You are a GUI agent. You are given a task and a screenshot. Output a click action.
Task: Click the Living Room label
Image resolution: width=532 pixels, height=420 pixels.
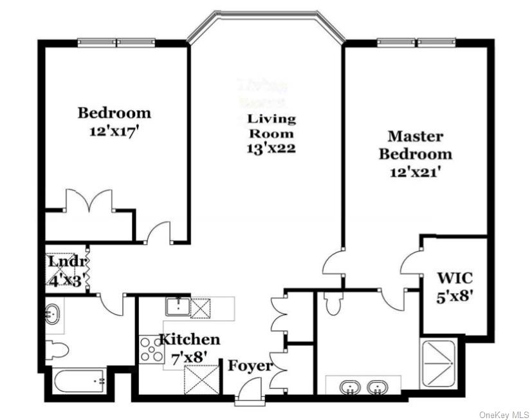[x=271, y=126]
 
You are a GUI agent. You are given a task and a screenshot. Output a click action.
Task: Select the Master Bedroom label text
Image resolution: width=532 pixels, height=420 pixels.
[x=415, y=145]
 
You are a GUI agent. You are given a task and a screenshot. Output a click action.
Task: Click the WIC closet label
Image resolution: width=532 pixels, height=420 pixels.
[x=455, y=279]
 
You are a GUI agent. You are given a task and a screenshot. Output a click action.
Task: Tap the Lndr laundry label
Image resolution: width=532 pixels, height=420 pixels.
[x=66, y=262]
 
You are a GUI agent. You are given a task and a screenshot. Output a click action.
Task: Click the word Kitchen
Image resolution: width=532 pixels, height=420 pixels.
[x=189, y=339]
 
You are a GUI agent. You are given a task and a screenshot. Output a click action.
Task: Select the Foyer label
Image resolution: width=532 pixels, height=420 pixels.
[x=250, y=366]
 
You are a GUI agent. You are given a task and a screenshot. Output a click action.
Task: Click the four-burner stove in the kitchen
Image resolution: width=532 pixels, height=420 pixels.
[x=151, y=350]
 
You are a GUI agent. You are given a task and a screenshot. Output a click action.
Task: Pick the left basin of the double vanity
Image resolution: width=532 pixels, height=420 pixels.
[x=349, y=387]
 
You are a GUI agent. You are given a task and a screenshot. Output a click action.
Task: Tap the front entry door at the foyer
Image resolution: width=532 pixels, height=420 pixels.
[x=249, y=390]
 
